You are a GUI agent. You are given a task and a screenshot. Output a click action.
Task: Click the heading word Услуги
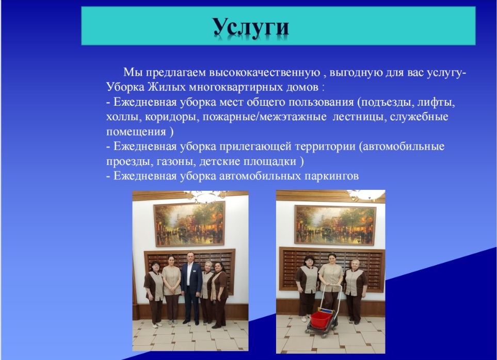click(x=250, y=27)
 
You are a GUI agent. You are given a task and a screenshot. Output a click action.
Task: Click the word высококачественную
click(x=264, y=73)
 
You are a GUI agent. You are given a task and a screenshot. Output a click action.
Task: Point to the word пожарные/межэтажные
click(x=264, y=117)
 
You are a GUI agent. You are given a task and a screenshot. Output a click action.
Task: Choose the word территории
click(x=325, y=146)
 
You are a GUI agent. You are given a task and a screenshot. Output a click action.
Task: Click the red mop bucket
click(x=322, y=320)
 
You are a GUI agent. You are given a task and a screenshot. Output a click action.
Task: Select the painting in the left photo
click(x=189, y=224)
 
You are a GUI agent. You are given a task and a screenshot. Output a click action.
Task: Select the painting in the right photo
click(x=335, y=225)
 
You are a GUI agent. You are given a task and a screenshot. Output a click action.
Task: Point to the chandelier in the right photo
click(x=366, y=195)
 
